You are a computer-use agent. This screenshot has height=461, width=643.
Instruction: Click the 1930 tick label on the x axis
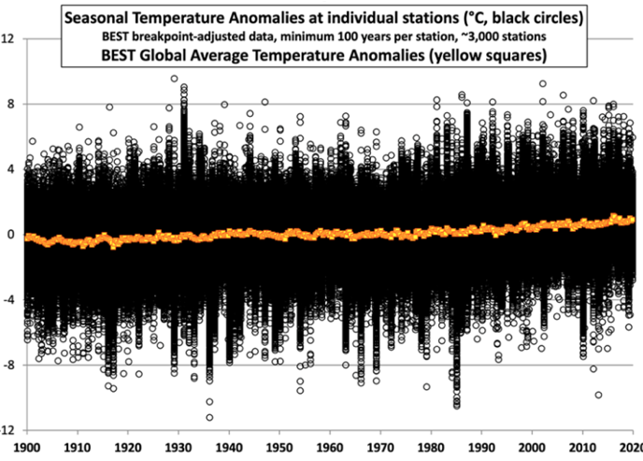point(179,448)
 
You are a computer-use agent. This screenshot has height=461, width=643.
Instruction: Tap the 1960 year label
point(330,448)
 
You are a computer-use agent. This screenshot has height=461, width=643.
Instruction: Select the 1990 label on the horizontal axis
point(481,448)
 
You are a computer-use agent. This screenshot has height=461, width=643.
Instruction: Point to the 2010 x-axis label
point(582,448)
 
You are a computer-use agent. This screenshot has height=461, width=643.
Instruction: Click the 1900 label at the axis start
point(27,448)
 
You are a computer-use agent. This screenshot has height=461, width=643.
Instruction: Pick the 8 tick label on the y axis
point(10,104)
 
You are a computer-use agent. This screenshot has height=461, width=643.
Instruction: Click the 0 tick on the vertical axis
point(10,235)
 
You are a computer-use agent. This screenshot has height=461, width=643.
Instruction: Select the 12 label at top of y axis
point(7,39)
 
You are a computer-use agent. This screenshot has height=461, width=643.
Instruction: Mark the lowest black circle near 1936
point(209,418)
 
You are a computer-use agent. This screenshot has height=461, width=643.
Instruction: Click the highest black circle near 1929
point(174,79)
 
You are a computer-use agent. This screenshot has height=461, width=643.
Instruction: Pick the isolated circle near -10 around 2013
point(598,395)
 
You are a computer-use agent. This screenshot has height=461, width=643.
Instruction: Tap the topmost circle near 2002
point(542,83)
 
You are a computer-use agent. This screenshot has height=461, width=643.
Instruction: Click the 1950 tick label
point(279,448)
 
